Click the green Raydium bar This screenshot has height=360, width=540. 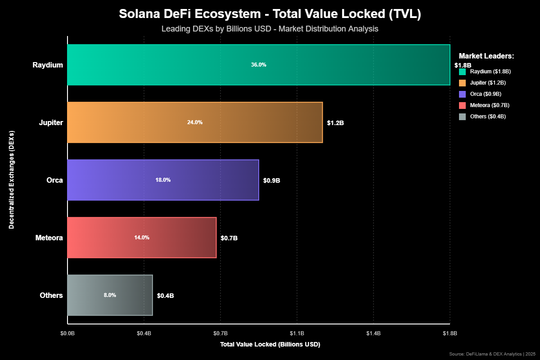click(259, 65)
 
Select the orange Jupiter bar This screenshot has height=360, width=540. click(195, 122)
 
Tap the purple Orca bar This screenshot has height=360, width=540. click(163, 180)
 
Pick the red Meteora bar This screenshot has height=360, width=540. click(142, 238)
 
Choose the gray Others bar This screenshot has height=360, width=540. click(110, 295)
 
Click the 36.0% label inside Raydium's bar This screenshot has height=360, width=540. click(259, 65)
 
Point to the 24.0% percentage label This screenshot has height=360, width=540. click(195, 122)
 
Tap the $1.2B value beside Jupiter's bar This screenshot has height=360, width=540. click(335, 123)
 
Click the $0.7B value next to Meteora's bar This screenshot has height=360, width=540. click(229, 238)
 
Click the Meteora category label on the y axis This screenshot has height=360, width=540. click(49, 238)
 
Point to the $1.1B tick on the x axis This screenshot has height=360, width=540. click(297, 333)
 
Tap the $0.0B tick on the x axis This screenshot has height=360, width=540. click(67, 333)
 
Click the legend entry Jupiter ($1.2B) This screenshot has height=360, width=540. click(488, 83)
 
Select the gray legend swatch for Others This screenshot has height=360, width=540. click(462, 117)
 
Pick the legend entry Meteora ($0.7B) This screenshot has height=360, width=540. click(490, 105)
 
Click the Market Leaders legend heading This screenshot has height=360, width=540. click(486, 56)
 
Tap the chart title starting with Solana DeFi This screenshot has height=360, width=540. click(270, 14)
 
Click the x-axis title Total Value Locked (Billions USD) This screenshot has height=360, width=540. click(270, 345)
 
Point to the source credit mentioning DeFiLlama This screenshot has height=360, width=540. click(492, 354)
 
